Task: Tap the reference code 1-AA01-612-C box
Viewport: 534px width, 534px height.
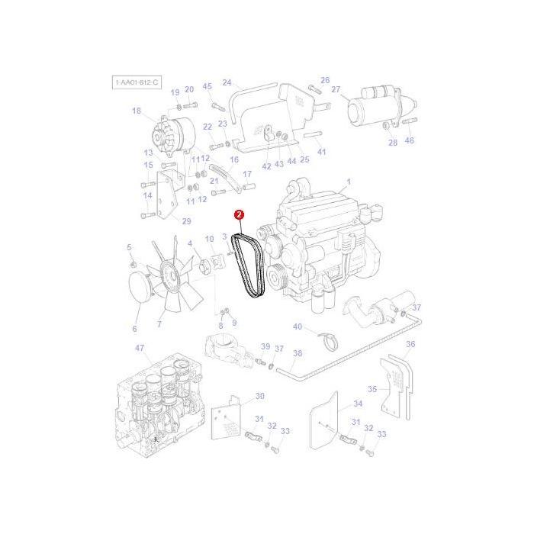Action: (137, 81)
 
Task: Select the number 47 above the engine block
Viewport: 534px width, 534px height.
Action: (140, 348)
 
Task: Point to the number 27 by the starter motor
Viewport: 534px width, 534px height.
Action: (335, 89)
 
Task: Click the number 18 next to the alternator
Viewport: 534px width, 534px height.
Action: (137, 111)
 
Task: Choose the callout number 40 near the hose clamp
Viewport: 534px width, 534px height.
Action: (298, 327)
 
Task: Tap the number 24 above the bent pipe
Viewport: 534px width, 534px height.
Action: (227, 82)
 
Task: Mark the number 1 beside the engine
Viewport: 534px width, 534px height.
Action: (348, 182)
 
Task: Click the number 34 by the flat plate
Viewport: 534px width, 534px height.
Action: (358, 404)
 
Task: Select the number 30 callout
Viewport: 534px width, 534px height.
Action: (259, 396)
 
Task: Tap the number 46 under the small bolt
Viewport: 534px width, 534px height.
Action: (410, 141)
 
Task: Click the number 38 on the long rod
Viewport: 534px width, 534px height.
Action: (298, 353)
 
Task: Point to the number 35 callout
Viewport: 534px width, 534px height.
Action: (372, 389)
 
